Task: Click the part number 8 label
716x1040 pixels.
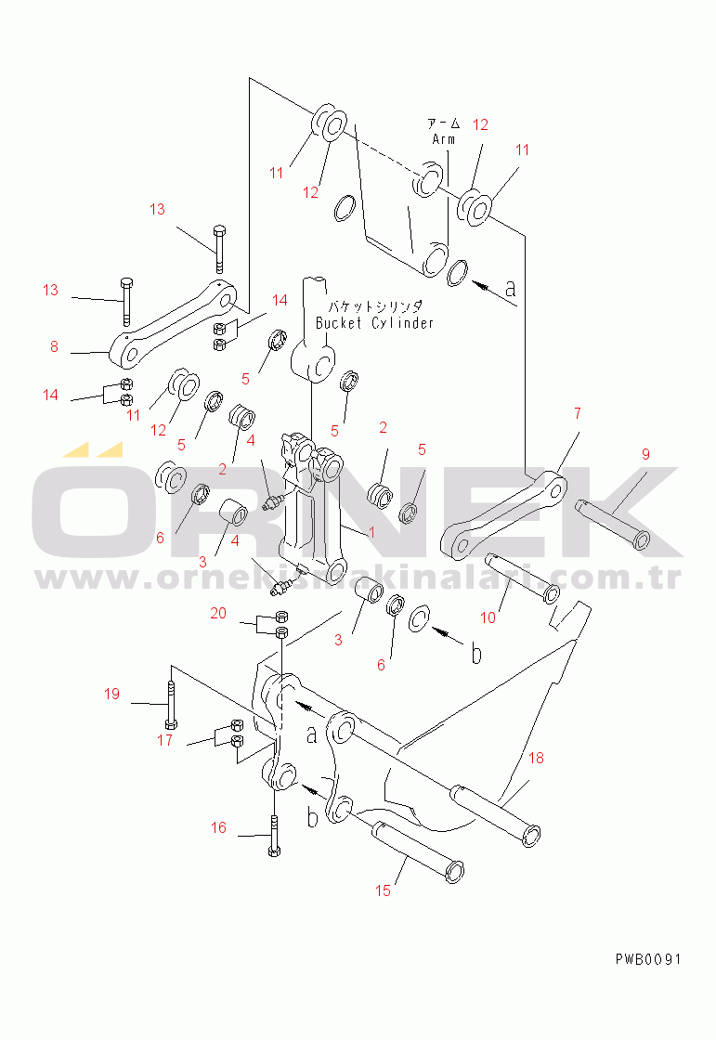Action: point(54,348)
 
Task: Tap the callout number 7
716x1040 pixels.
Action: point(577,413)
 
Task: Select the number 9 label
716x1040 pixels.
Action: point(645,454)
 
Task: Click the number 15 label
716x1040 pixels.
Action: point(384,890)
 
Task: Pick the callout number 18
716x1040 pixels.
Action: point(537,758)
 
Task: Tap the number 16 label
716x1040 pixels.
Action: point(218,827)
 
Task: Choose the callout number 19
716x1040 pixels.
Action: point(111,694)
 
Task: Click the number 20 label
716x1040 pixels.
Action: point(217,613)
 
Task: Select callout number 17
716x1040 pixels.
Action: point(164,740)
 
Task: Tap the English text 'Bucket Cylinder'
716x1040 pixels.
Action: point(374,323)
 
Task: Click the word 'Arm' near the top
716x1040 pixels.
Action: point(444,139)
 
